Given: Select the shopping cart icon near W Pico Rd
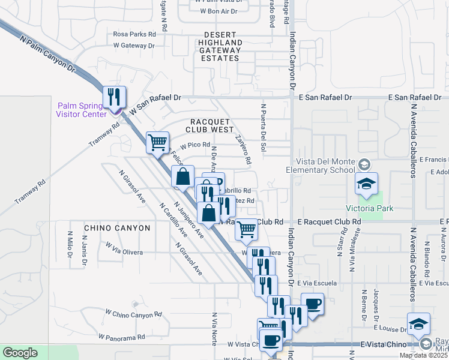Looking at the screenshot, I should [157, 143].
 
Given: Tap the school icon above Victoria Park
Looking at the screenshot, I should [366, 185].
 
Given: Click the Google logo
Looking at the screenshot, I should [20, 353].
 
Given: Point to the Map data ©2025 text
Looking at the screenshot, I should [423, 355].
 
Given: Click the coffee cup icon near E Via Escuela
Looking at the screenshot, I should [312, 304].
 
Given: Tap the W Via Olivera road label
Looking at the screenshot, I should [123, 248].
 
